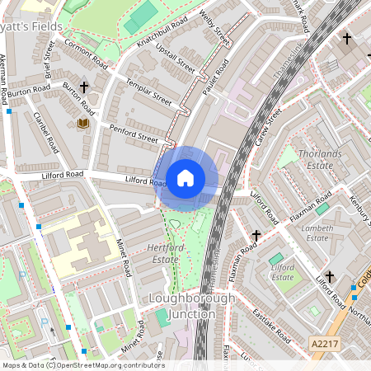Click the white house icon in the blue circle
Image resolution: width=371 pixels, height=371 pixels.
(185, 178)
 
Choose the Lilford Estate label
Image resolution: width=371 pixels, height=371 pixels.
(283, 272)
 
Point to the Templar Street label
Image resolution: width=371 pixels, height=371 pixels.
(148, 92)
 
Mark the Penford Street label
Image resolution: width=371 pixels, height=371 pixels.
(133, 133)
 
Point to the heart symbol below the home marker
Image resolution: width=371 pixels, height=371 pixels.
(174, 223)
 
